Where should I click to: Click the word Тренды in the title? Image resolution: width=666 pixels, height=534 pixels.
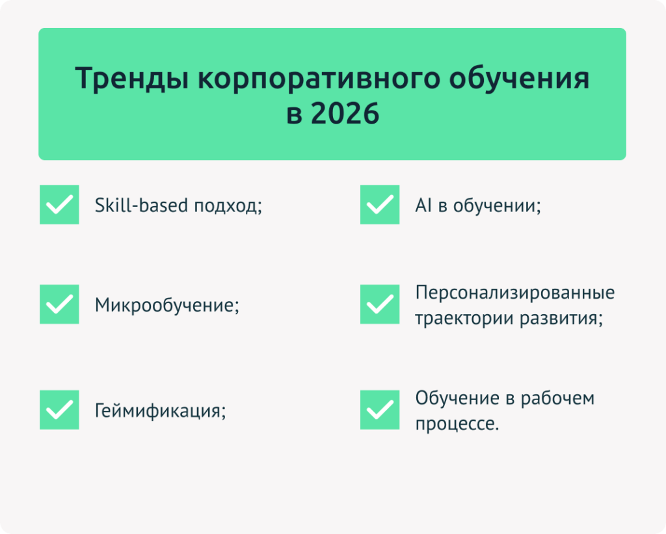click(x=131, y=79)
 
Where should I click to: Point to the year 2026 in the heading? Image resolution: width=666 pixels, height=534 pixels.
click(x=345, y=113)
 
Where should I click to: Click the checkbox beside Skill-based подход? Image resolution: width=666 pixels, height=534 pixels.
click(x=59, y=204)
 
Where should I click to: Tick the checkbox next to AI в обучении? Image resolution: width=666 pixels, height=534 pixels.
click(x=380, y=204)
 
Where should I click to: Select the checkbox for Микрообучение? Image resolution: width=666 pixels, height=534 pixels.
click(x=59, y=304)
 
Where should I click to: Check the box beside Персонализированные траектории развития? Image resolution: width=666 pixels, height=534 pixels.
click(x=380, y=304)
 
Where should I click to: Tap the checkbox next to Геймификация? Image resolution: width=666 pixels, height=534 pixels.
click(x=59, y=410)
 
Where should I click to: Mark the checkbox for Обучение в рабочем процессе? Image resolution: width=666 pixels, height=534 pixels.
click(x=380, y=410)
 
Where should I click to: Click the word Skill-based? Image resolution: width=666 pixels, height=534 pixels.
click(x=141, y=205)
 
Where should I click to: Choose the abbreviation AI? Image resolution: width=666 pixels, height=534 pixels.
click(x=423, y=206)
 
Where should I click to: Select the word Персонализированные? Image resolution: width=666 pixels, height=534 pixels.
click(x=515, y=293)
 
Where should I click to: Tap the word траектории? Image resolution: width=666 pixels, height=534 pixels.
click(x=464, y=318)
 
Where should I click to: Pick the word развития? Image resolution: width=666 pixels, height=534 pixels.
click(x=559, y=319)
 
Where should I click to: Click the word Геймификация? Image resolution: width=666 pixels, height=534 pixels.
click(x=158, y=411)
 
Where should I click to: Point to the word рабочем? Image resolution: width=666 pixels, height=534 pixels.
click(x=557, y=398)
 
